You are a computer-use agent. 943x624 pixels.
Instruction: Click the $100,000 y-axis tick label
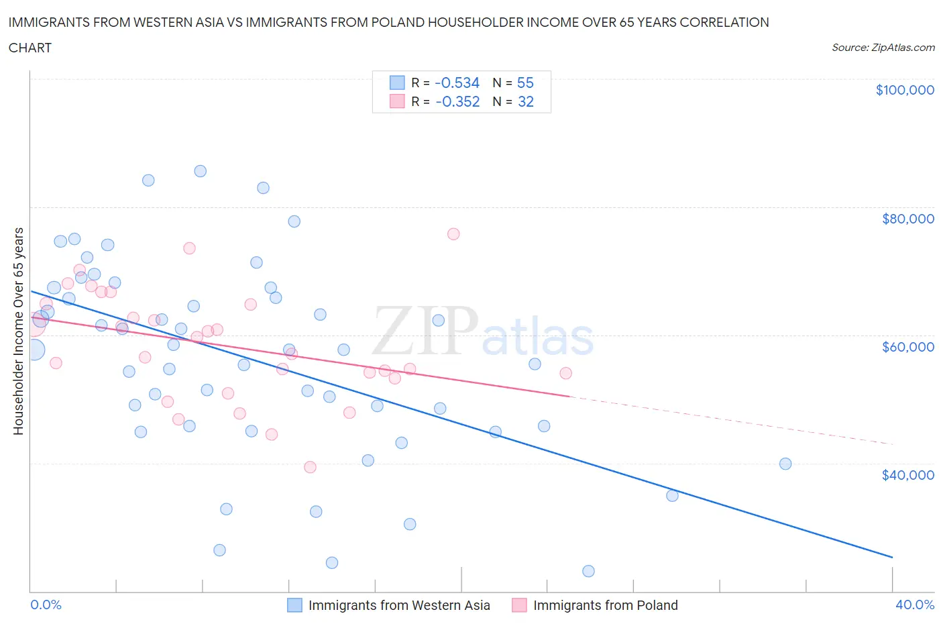pyautogui.click(x=904, y=90)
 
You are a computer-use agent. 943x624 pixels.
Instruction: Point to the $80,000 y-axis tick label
pyautogui.click(x=907, y=219)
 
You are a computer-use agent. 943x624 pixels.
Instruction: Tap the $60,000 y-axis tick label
pyautogui.click(x=907, y=347)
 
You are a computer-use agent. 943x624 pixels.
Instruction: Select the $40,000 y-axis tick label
pyautogui.click(x=907, y=475)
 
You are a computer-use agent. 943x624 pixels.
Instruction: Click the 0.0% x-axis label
pyautogui.click(x=46, y=605)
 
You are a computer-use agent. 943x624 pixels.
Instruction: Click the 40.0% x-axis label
pyautogui.click(x=914, y=605)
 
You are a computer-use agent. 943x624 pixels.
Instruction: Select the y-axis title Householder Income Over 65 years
pyautogui.click(x=19, y=331)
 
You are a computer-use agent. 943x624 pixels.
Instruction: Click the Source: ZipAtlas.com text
pyautogui.click(x=883, y=48)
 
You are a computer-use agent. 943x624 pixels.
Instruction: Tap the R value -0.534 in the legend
pyautogui.click(x=457, y=83)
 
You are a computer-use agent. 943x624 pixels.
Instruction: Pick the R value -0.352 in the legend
pyautogui.click(x=457, y=101)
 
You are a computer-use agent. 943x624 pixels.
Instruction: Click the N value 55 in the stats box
pyautogui.click(x=525, y=83)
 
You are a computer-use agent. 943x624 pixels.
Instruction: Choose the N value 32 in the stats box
pyautogui.click(x=525, y=101)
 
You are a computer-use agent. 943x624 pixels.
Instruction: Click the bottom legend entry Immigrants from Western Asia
pyautogui.click(x=398, y=605)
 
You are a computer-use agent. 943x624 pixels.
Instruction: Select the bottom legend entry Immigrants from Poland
pyautogui.click(x=605, y=605)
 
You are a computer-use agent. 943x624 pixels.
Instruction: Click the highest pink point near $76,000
pyautogui.click(x=453, y=234)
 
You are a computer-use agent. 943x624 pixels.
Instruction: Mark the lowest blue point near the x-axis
pyautogui.click(x=588, y=571)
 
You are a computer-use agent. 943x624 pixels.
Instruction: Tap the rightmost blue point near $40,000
pyautogui.click(x=785, y=464)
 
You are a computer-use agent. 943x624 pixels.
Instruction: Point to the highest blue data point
pyautogui.click(x=200, y=171)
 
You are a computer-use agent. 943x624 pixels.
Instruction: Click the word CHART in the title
pyautogui.click(x=30, y=48)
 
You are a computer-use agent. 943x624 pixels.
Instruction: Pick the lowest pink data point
pyautogui.click(x=310, y=467)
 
